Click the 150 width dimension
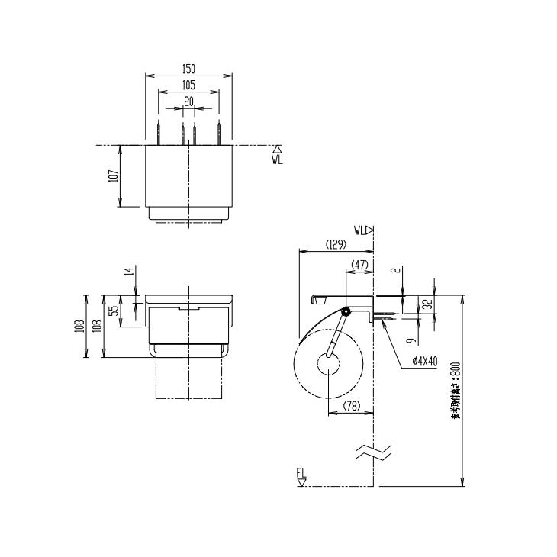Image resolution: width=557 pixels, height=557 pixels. [x=188, y=69]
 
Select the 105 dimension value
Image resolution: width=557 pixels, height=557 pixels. [x=188, y=85]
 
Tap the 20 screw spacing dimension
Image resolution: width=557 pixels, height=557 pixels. [x=188, y=101]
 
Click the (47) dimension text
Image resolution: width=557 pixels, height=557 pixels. [x=359, y=264]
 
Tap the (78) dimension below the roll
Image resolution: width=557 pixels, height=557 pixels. [x=350, y=407]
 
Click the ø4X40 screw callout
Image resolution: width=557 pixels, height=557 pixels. [x=424, y=362]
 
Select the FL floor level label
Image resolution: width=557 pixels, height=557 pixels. [x=301, y=475]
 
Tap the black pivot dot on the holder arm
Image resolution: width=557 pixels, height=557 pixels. [x=346, y=312]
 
